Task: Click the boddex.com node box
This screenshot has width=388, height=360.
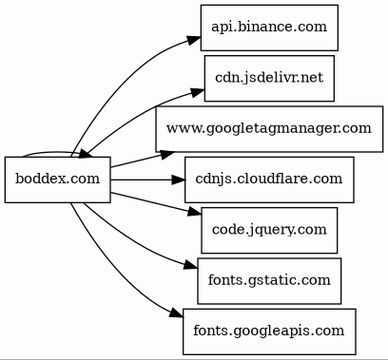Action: (58, 180)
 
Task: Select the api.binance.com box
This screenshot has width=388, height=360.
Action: (269, 28)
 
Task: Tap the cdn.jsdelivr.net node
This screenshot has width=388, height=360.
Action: (269, 78)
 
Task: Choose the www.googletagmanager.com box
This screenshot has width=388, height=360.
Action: (269, 129)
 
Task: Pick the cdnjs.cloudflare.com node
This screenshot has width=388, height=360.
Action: (269, 180)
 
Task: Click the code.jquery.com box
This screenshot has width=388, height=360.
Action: (269, 230)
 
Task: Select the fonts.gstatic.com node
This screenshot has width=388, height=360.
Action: (269, 281)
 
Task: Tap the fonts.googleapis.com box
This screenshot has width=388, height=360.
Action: (269, 332)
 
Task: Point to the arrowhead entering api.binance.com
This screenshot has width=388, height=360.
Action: (194, 41)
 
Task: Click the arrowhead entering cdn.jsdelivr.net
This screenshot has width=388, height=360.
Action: (198, 92)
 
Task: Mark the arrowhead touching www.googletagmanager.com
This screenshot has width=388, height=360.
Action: (166, 154)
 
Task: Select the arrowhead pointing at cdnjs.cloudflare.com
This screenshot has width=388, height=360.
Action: (178, 180)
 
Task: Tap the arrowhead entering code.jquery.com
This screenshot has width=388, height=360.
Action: (195, 212)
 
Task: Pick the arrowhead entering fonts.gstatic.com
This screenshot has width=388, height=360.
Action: (191, 265)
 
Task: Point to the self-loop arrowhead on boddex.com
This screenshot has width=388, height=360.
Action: (86, 154)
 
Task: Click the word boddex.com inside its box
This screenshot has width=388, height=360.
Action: (58, 179)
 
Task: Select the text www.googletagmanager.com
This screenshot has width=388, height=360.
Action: (269, 129)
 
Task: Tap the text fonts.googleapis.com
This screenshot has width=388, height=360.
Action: (269, 331)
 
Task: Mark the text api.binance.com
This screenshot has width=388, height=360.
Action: (269, 27)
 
